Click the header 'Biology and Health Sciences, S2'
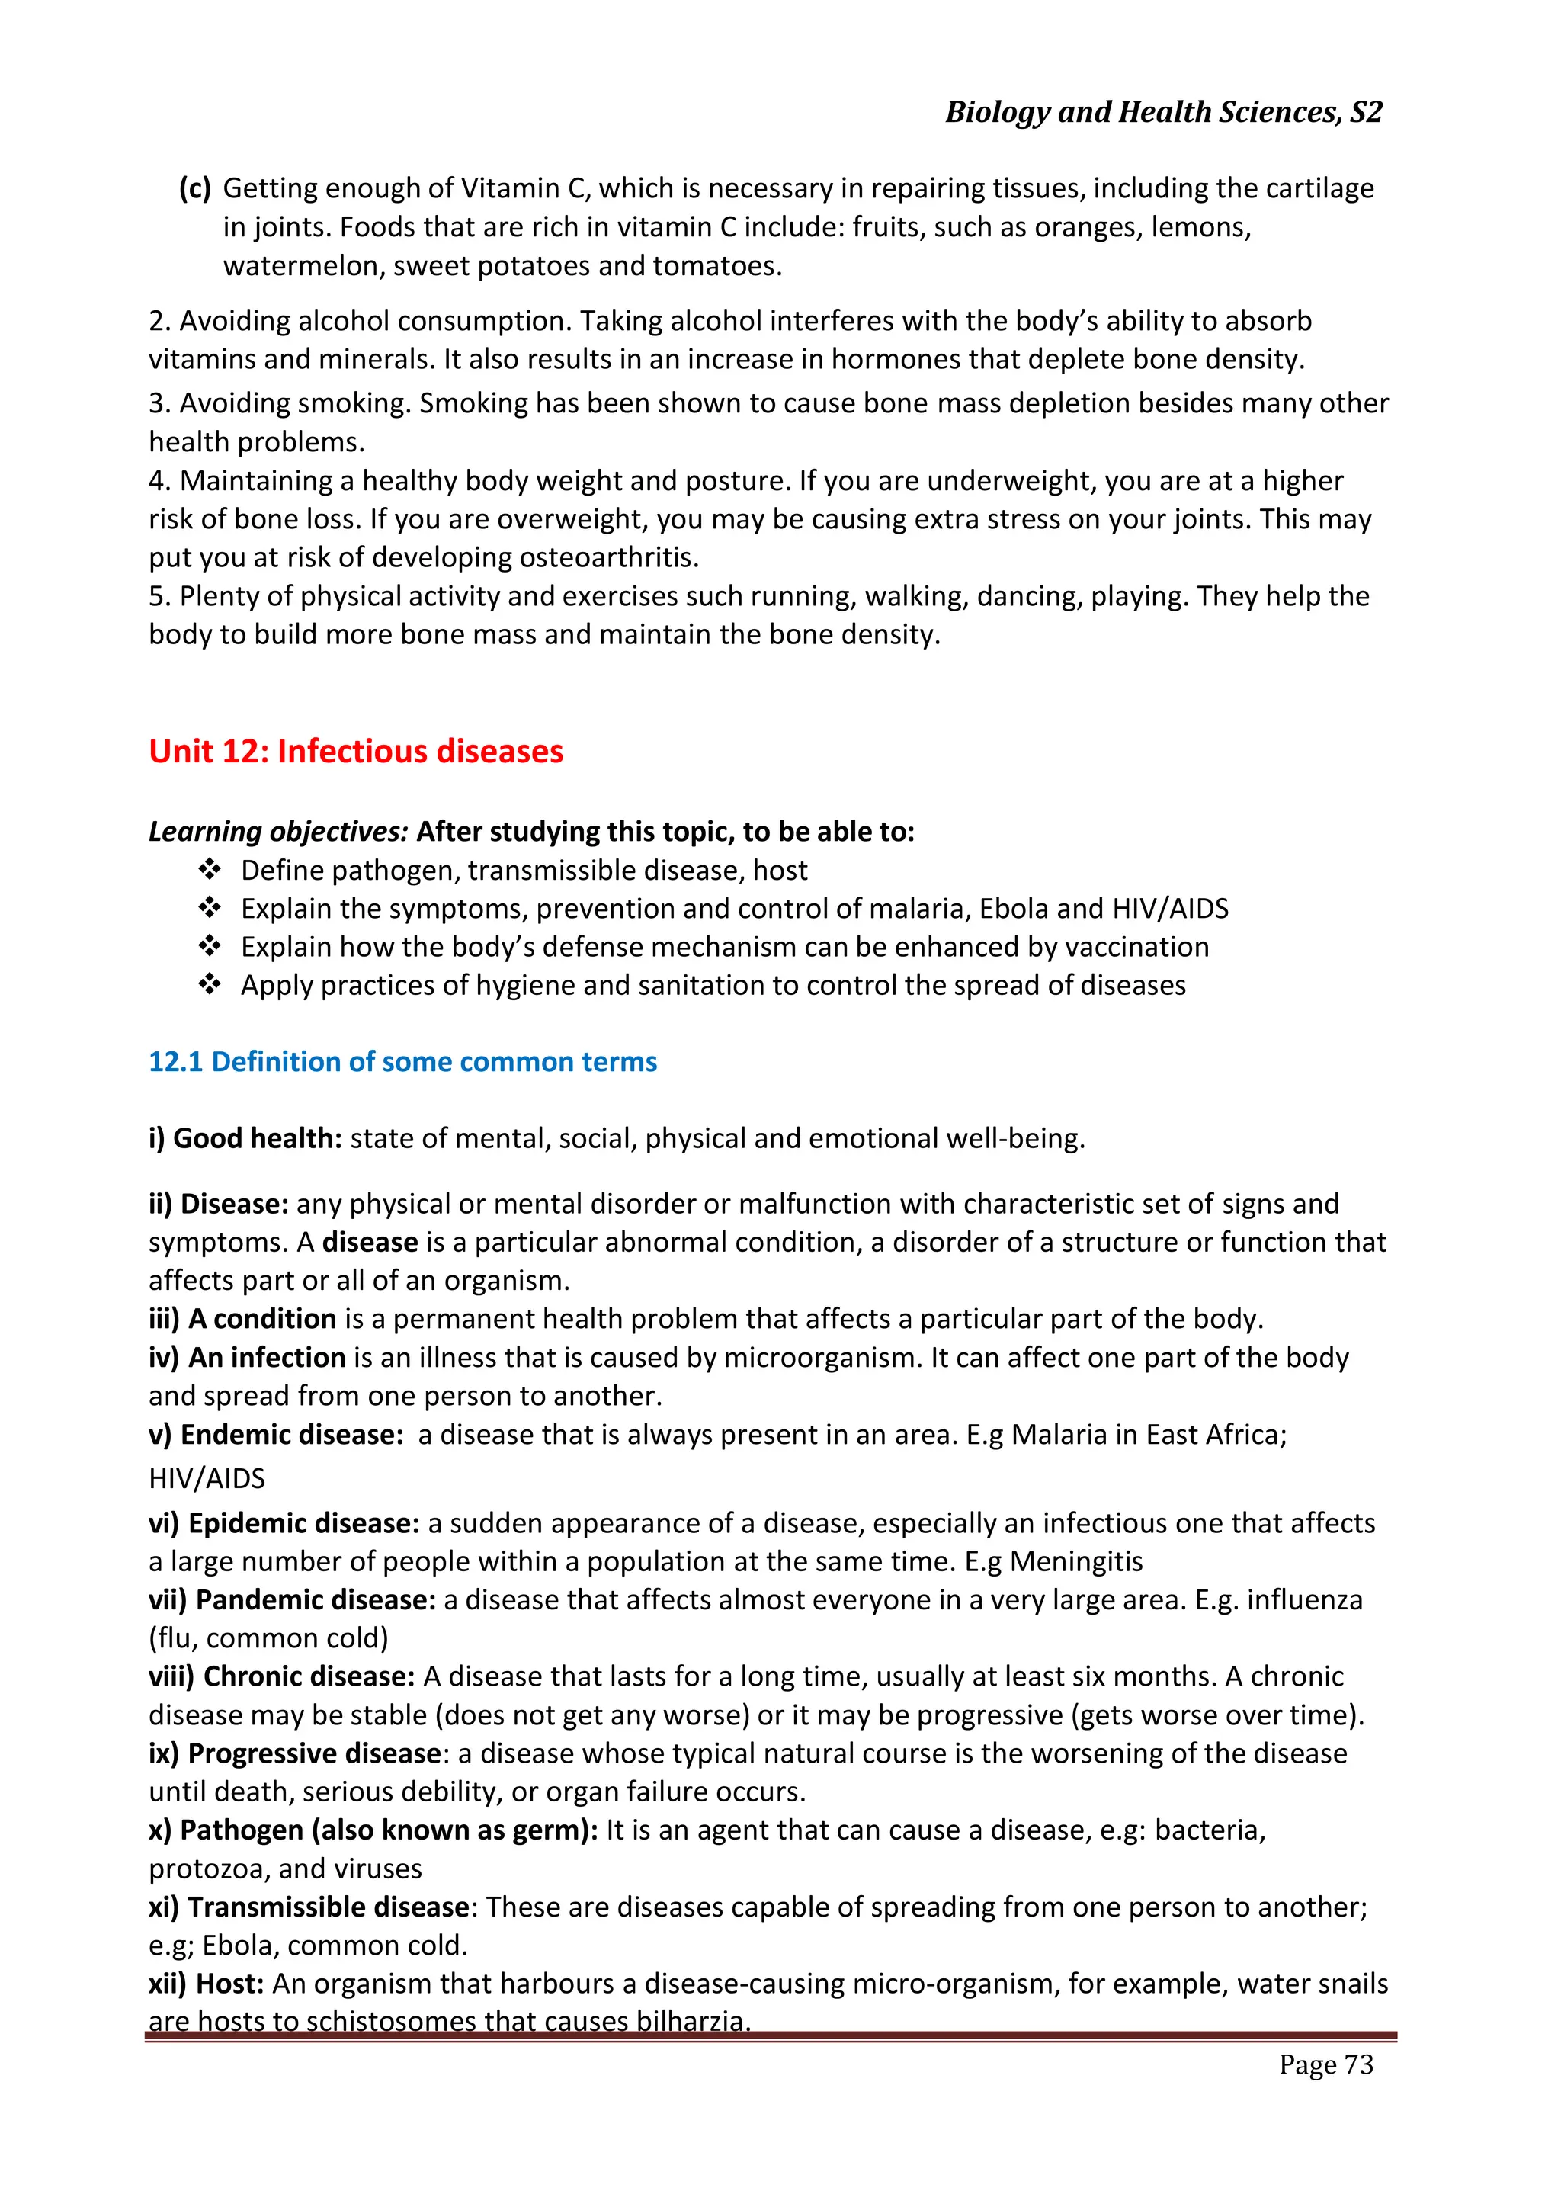pos(1163,113)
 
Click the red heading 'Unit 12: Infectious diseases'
pos(356,752)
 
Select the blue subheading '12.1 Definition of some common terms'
pos(402,1062)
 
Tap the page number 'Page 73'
pos(1325,2064)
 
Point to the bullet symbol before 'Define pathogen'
pos(210,870)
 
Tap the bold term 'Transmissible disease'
pos(328,1908)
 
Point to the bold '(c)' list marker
pos(195,188)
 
